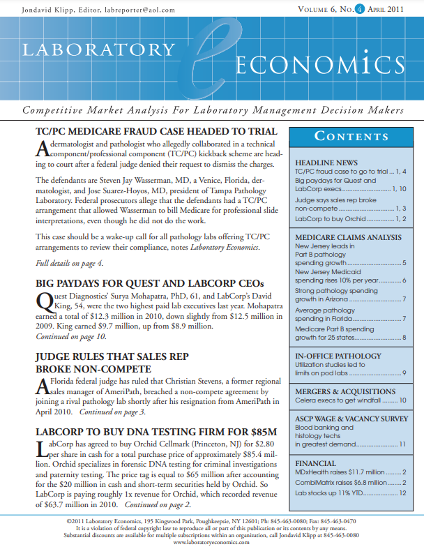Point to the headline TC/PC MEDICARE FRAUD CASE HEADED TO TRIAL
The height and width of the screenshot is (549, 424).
(x=157, y=132)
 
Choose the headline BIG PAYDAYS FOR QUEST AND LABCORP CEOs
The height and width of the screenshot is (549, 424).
(x=150, y=283)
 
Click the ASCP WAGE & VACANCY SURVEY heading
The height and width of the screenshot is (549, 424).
(x=351, y=419)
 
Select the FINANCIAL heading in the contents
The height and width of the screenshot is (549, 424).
(x=316, y=463)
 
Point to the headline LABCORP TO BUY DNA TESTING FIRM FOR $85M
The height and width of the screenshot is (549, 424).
(x=156, y=431)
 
